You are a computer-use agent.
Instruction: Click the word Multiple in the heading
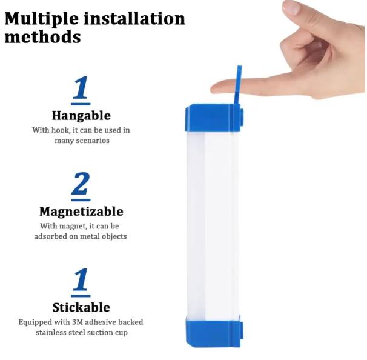pos(41,19)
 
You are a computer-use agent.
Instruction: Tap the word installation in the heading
pos(134,18)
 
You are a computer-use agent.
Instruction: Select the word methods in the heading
pos(42,37)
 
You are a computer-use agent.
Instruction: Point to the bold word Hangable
pos(81,116)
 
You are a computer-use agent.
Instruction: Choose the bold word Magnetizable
pos(81,212)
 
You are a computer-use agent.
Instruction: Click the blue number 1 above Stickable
pos(81,279)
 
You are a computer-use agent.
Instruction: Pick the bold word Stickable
pos(81,307)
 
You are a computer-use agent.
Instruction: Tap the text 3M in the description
pos(78,322)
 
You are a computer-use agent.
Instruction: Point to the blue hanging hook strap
pos(238,85)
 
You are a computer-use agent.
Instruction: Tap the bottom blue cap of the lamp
pos(214,332)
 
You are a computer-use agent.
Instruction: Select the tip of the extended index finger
pos(212,88)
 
